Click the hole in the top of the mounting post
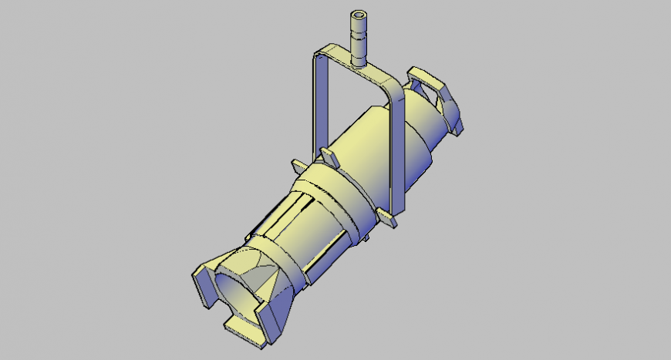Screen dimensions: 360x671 coord(358,15)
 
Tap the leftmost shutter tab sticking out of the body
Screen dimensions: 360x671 coord(299,167)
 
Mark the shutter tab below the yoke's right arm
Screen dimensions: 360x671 coord(388,219)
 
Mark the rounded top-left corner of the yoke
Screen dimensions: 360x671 coord(315,56)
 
